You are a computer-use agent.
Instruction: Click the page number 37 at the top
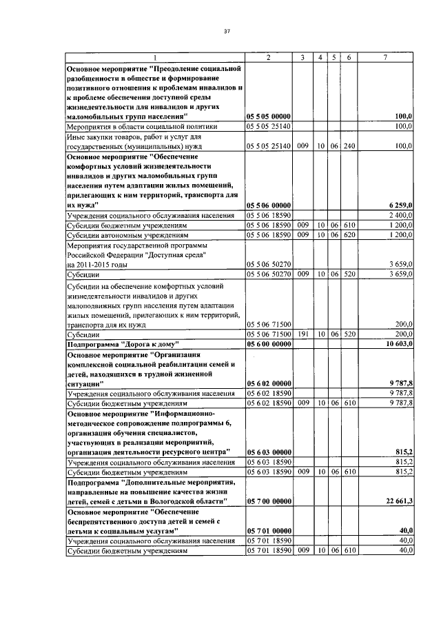tap(226, 31)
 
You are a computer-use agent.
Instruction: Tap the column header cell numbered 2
tap(269, 57)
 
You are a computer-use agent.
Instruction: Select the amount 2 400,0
tap(398, 216)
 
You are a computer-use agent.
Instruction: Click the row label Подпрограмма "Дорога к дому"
tap(123, 343)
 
